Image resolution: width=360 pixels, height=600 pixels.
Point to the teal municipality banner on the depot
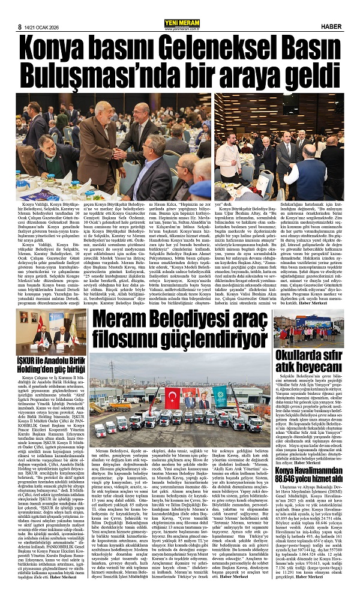[223, 396]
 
